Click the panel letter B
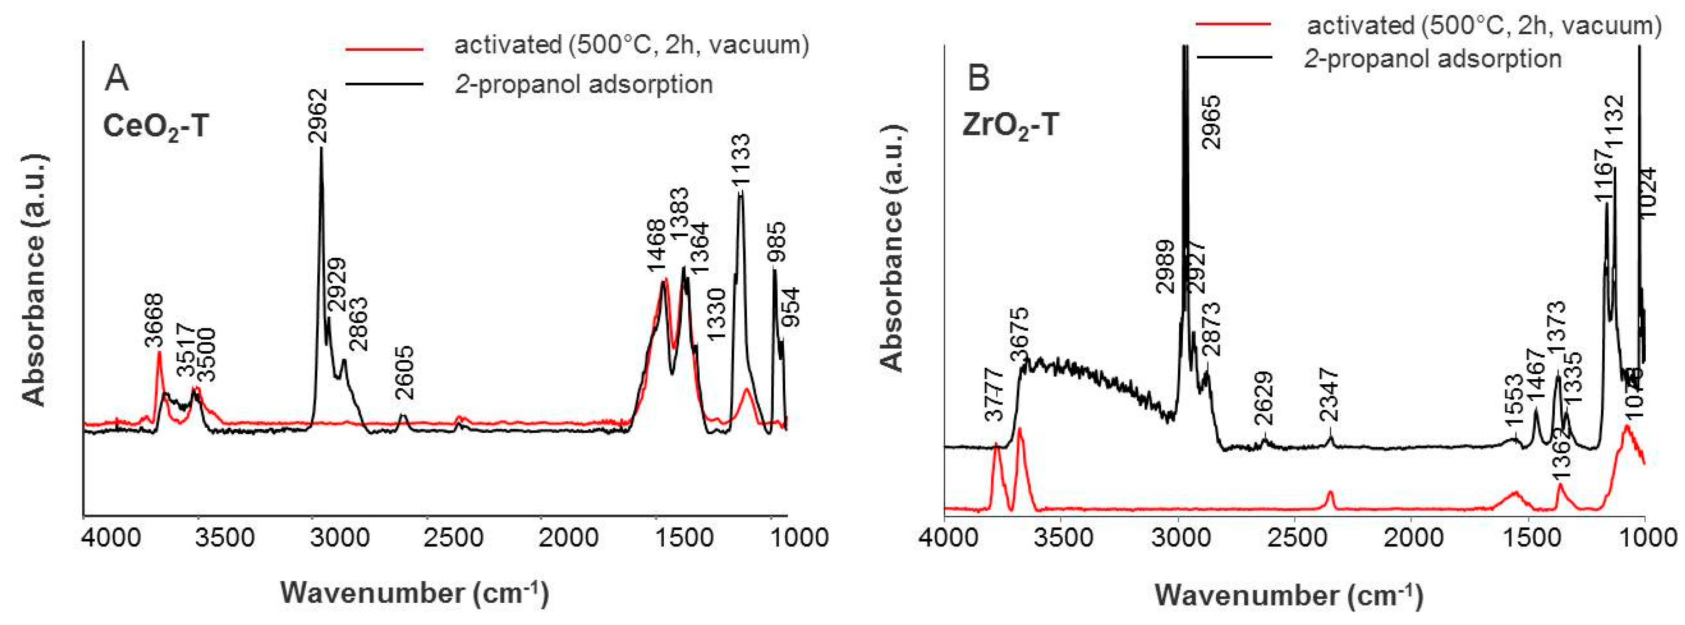pos(979,78)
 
